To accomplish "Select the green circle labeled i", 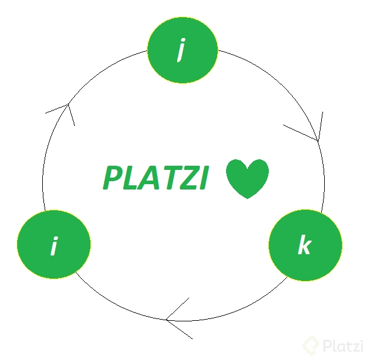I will click(54, 245).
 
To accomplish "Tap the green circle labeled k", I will click(305, 245).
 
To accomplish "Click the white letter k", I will click(305, 245).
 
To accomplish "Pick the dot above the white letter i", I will click(55, 238).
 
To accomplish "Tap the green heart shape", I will click(247, 177).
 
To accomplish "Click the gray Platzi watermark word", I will click(342, 345).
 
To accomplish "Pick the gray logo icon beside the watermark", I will click(311, 345).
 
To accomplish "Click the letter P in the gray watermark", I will click(327, 345).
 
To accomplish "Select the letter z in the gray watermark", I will click(352, 346).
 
